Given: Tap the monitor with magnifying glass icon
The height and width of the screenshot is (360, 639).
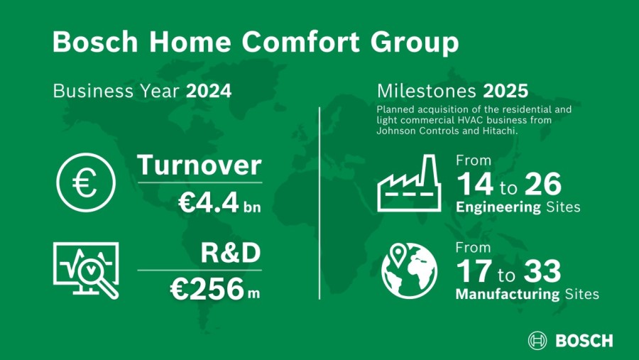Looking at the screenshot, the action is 86,271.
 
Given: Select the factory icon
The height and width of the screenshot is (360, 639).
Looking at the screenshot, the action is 409,182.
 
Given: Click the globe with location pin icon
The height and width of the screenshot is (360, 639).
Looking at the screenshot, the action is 409,271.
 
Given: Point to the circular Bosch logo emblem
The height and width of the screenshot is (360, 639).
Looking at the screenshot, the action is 537,340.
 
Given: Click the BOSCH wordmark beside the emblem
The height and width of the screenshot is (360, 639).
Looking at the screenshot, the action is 584,341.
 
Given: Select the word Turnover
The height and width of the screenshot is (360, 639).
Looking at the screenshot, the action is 200,165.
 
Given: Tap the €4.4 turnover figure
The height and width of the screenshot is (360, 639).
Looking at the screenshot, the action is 208,202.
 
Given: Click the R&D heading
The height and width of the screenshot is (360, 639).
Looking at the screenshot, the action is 231,253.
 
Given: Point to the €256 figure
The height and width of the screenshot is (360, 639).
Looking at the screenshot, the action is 207,289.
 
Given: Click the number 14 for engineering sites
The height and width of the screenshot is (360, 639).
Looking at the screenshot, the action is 475,185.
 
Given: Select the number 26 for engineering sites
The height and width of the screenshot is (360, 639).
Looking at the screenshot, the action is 543,185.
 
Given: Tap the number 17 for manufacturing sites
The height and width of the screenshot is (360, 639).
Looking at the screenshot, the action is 474,271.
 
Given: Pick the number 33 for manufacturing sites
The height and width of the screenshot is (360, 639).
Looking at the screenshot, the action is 542,271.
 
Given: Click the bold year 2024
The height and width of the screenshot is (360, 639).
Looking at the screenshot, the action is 209,91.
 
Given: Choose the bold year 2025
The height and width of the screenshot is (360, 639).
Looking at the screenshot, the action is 506,91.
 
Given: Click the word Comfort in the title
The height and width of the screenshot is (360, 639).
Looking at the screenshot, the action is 301,42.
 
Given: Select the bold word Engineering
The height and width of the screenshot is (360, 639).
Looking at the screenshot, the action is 498,207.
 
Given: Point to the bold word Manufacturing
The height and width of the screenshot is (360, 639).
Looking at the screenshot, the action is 508,294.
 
